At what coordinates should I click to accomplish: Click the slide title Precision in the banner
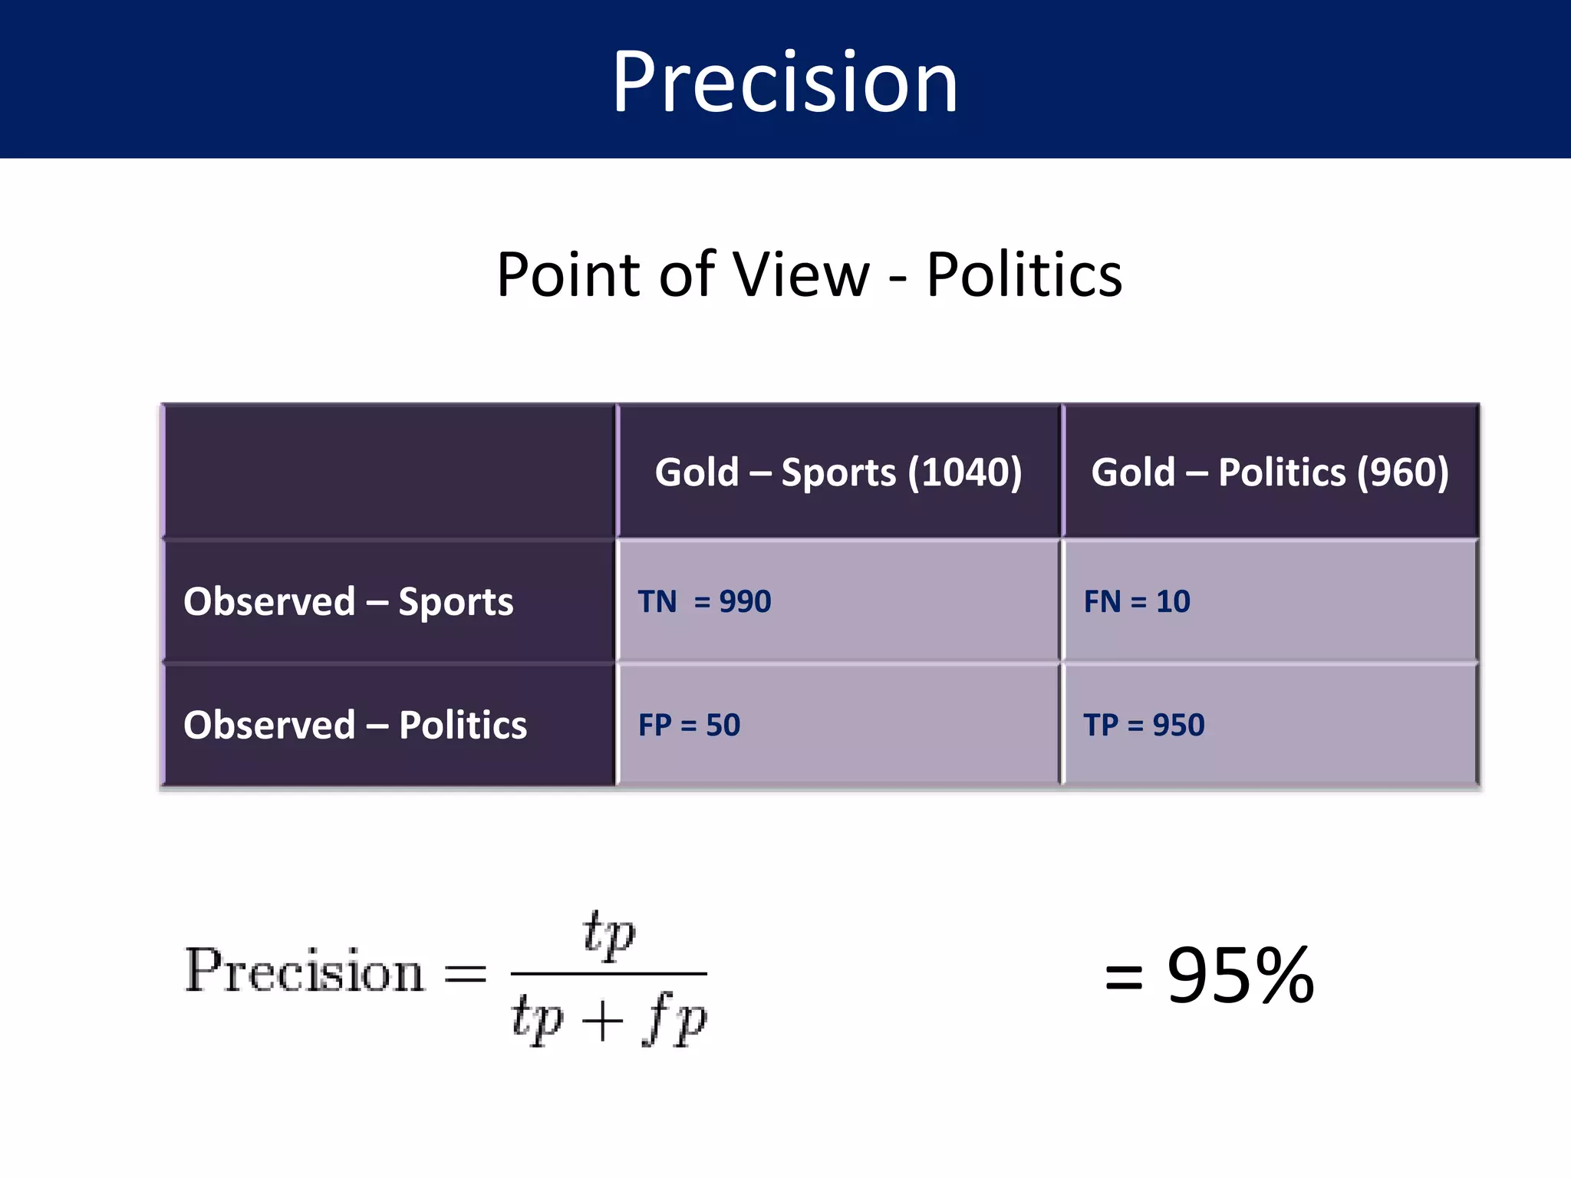tap(785, 82)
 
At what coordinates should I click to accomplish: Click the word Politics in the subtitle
tap(1024, 275)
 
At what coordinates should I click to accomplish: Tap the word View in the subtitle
tap(801, 275)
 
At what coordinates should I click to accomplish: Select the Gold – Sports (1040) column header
tap(838, 472)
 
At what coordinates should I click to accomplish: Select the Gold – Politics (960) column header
tap(1270, 472)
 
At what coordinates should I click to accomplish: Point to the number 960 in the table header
tap(1402, 472)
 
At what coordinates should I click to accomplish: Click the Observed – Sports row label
tap(348, 601)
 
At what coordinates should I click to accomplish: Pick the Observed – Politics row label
tap(355, 725)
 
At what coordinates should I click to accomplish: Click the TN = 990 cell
tap(704, 601)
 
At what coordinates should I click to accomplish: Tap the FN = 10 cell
tap(1137, 601)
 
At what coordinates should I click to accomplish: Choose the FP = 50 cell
tap(689, 725)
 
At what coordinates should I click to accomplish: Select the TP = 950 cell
tap(1144, 725)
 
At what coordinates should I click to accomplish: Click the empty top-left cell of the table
tap(390, 471)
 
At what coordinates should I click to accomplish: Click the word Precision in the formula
tap(305, 972)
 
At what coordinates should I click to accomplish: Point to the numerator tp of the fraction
tap(608, 933)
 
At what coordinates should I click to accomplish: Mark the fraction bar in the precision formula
tap(608, 974)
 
